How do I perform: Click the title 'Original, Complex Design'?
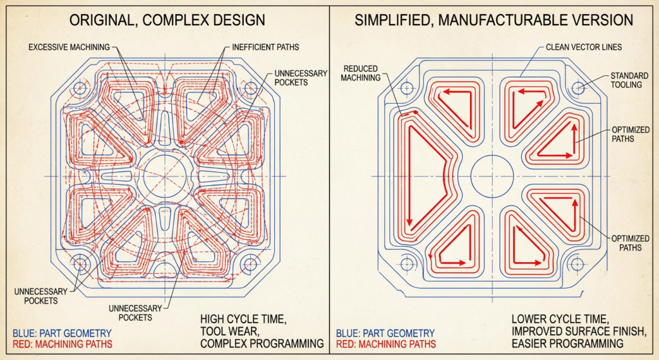(x=167, y=20)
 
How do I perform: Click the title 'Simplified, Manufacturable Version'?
(x=494, y=20)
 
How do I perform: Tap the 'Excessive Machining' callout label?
(x=69, y=46)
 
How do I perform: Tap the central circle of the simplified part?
(x=492, y=176)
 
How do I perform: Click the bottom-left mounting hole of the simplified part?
(x=405, y=264)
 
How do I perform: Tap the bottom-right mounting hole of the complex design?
(x=250, y=264)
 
